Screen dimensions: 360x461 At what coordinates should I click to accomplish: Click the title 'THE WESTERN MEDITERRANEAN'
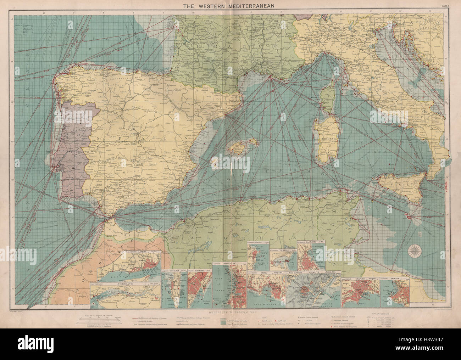pyautogui.click(x=230, y=5)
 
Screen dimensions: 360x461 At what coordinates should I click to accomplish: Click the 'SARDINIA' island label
pyautogui.click(x=324, y=136)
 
